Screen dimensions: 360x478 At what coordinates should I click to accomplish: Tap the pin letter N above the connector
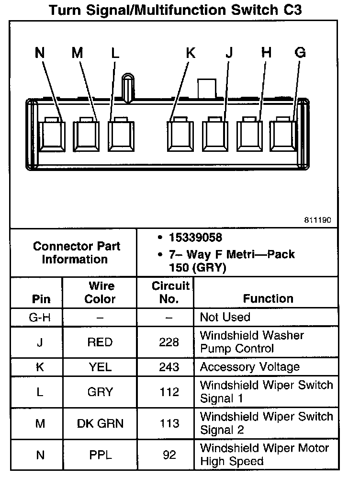tap(40, 53)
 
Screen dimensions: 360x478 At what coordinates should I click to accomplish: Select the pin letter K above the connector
tap(191, 53)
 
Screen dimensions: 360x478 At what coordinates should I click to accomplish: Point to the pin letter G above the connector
tap(300, 53)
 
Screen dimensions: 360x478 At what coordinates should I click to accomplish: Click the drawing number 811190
tap(316, 221)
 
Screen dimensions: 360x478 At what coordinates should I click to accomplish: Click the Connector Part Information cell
tap(76, 253)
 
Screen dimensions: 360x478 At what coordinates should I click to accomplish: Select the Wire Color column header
tap(100, 293)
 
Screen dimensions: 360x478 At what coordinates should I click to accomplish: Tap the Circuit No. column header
tap(170, 293)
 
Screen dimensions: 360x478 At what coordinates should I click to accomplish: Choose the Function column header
tap(268, 299)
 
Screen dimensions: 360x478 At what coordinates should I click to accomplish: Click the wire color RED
tap(100, 342)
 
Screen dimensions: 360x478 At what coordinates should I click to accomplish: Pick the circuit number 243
tap(169, 367)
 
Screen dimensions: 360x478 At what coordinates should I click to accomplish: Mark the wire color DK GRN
tap(100, 423)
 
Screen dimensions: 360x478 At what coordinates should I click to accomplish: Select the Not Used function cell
tap(225, 317)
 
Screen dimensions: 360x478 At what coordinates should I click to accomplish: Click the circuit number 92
tap(169, 455)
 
